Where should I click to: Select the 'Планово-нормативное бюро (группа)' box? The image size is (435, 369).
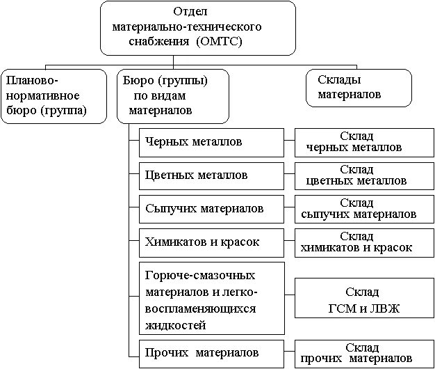click(x=54, y=95)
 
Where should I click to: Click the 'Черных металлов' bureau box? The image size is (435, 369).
click(x=211, y=142)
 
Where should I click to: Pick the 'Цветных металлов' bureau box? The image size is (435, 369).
click(x=211, y=175)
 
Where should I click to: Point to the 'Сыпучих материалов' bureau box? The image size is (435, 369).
click(x=211, y=208)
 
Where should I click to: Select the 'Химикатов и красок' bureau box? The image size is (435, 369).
click(x=211, y=242)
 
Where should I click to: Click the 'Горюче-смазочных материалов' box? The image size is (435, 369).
click(x=211, y=298)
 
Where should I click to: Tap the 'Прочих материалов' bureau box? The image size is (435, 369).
click(x=211, y=352)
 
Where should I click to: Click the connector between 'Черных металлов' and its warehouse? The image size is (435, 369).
click(x=289, y=142)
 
